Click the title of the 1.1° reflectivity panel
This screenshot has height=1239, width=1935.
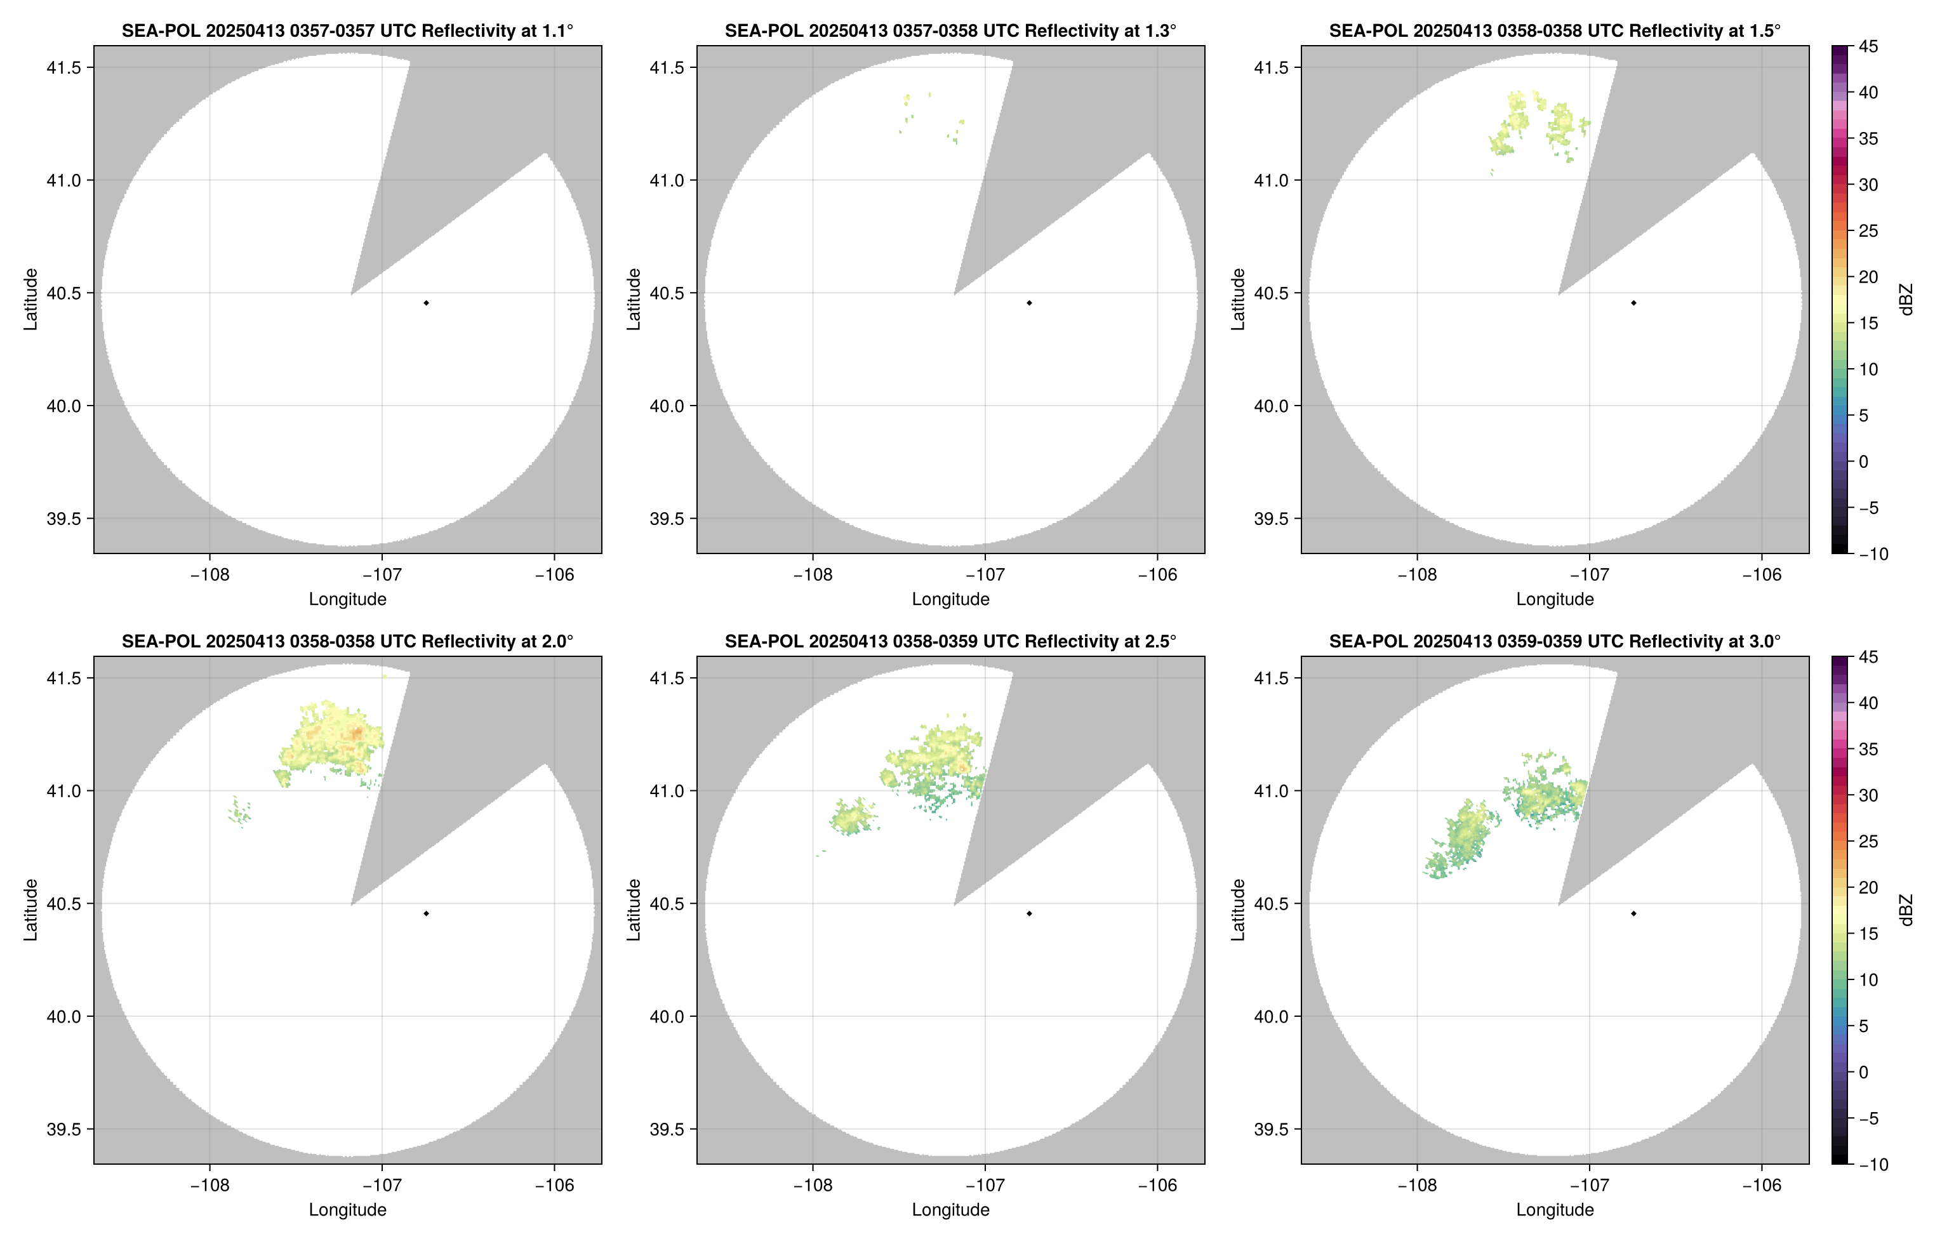pos(347,31)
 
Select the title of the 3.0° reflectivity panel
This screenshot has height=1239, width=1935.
pos(1555,642)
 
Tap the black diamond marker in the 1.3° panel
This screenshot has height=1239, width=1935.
pos(1029,303)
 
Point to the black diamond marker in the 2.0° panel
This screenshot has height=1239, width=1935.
pos(425,914)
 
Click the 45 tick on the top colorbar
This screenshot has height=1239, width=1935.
pos(1868,47)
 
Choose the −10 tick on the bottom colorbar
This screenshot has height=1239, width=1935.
pos(1873,1165)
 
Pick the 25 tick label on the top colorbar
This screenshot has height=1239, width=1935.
pos(1868,231)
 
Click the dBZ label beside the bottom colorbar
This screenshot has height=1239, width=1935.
pos(1906,910)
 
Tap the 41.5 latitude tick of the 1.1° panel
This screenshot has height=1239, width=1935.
pos(64,67)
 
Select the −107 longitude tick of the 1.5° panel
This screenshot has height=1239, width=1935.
pos(1589,575)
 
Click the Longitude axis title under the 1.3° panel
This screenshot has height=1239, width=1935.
pos(950,599)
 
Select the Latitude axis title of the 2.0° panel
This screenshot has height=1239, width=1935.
pos(30,910)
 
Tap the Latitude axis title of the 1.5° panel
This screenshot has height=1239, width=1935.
pos(1238,300)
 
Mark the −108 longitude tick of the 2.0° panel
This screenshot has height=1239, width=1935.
pos(209,1186)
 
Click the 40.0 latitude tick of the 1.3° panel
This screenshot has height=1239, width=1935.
pos(668,406)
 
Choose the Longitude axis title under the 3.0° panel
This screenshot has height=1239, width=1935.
pos(1555,1210)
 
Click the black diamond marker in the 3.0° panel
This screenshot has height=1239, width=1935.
pos(1633,914)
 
